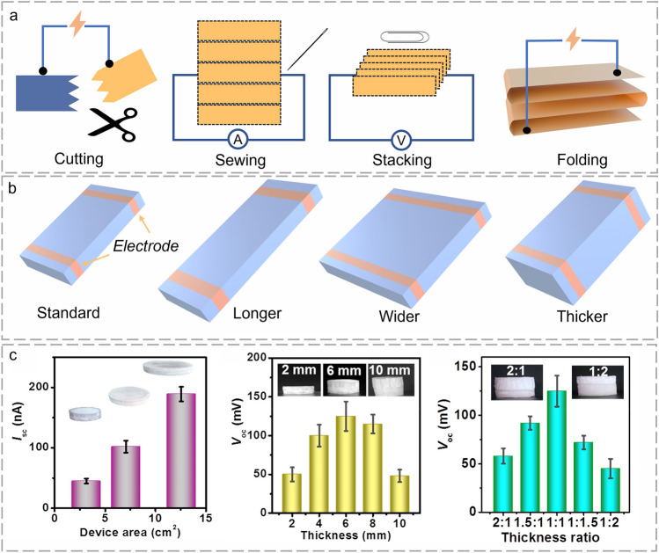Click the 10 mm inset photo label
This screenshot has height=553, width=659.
tap(402, 370)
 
